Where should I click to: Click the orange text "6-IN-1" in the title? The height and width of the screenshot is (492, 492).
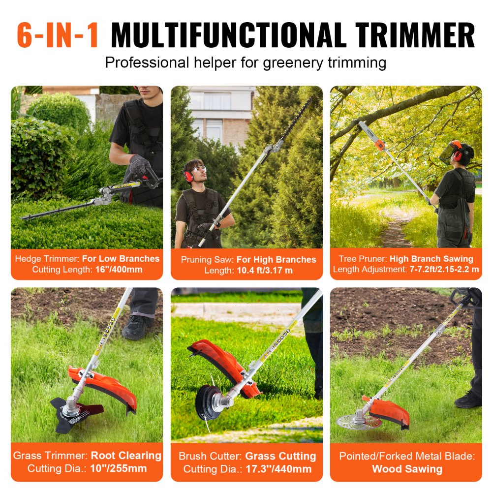tap(58, 35)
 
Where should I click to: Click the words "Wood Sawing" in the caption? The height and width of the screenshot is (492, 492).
tap(407, 469)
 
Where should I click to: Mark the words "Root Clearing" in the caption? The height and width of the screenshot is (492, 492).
tap(126, 456)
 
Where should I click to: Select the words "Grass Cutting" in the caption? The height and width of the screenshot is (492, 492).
tap(281, 456)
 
